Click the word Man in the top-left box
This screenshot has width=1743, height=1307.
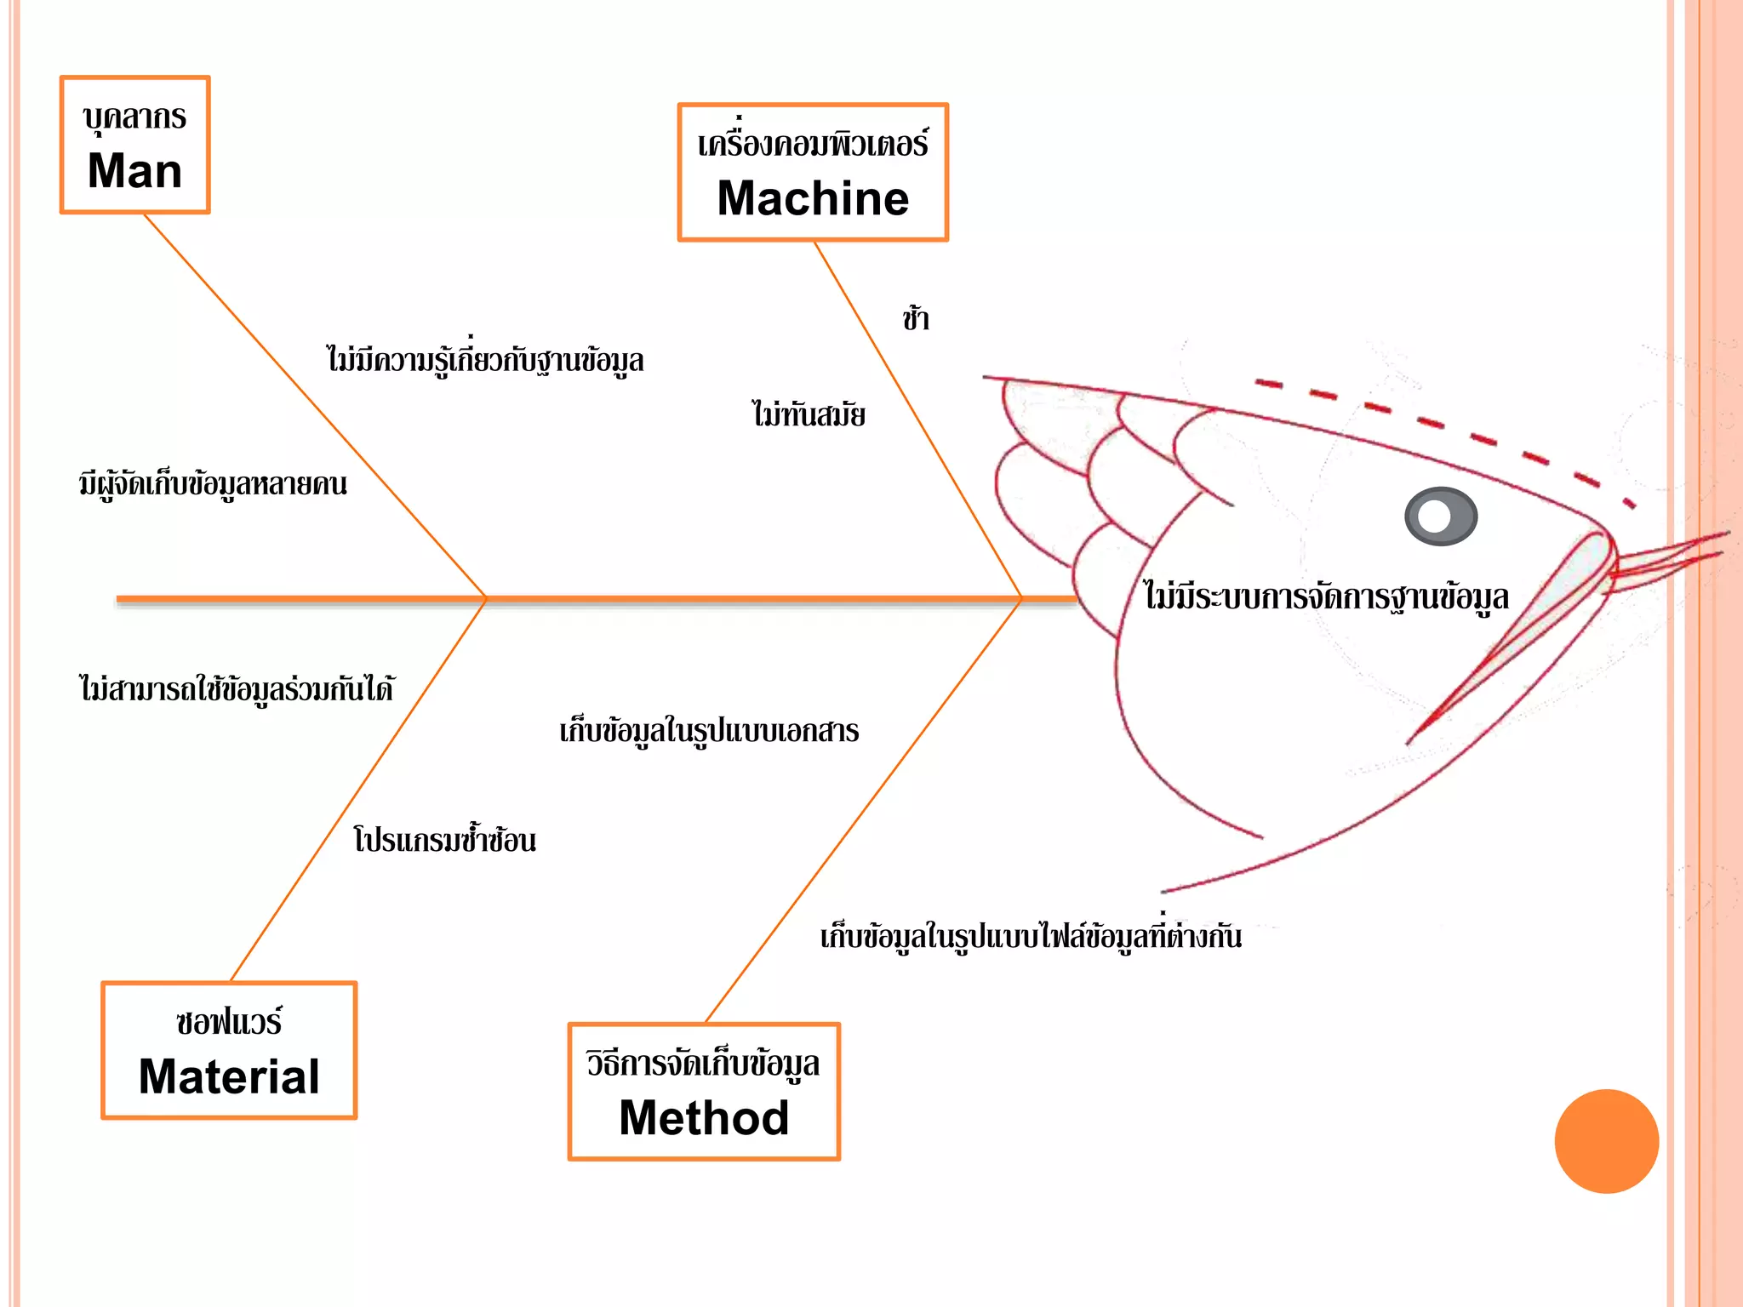134,171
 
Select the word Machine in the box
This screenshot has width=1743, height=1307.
813,198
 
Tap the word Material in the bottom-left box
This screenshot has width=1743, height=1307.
229,1076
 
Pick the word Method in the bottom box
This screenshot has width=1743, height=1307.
704,1117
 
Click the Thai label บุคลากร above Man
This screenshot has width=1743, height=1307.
134,117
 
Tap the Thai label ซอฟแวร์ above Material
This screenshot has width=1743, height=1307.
229,1022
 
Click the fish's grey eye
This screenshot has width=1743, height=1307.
1440,516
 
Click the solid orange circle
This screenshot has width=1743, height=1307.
1606,1141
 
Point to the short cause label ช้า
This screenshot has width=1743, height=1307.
916,319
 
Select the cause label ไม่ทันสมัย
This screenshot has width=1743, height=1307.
809,415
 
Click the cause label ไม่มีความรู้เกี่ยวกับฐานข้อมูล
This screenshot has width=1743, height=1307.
485,360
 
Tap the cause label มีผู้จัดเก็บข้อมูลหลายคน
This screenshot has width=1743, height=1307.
213,484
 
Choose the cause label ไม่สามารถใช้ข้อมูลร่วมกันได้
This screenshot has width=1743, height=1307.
237,688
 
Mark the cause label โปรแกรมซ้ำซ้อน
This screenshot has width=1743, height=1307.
444,840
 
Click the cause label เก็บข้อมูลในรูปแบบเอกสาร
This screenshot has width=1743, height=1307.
709,731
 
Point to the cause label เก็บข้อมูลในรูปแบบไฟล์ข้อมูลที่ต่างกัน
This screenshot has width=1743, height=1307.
1031,936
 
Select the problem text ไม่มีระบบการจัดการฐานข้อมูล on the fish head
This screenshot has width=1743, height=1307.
1326,596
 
